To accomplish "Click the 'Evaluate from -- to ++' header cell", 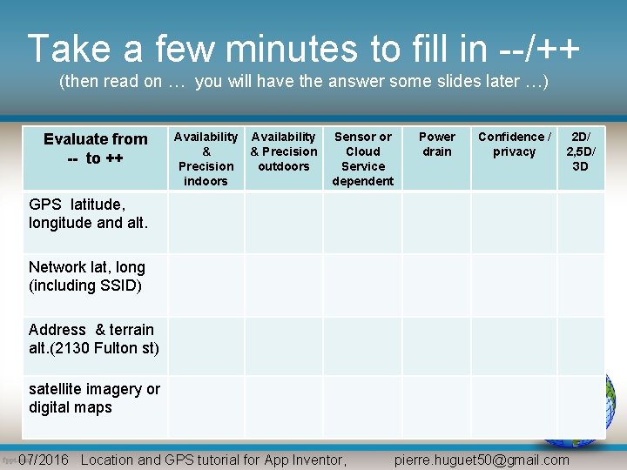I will pos(95,149).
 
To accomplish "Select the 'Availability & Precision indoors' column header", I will pos(206,158).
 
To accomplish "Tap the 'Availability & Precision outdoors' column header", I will pos(284,151).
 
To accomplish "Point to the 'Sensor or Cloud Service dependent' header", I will pos(363,158).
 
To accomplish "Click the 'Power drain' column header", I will pos(436,144).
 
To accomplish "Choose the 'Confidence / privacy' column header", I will pos(514,144).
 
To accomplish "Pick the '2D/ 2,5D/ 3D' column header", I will pos(580,151).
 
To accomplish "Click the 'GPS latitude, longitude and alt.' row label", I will pos(88,213).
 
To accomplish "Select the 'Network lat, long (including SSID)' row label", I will pos(86,276).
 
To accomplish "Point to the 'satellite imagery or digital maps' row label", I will pos(94,398).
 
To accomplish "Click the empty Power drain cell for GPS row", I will pos(436,223).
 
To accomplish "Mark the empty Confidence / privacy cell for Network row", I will pos(514,285).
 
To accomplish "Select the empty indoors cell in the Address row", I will pos(206,346).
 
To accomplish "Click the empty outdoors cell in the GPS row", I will pos(284,223).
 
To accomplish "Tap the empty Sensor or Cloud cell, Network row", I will pos(363,285).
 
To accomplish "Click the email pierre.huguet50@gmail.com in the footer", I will pos(482,460).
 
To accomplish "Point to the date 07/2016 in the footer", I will pos(44,460).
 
